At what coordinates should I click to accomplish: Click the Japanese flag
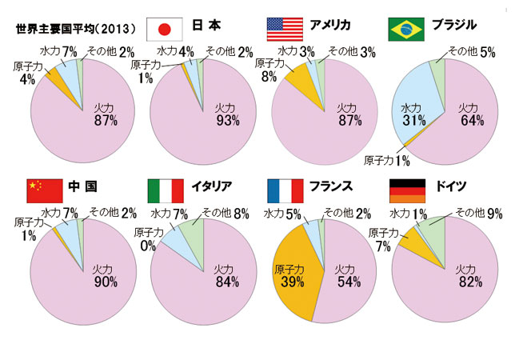[166, 29]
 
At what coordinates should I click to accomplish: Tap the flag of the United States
[285, 29]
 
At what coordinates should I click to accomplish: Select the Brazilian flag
[405, 29]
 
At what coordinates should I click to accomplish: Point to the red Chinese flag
[44, 190]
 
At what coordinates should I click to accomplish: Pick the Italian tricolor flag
[166, 190]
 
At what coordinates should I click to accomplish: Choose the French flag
[285, 190]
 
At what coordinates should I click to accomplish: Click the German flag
[405, 190]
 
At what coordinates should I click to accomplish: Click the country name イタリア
[212, 186]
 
